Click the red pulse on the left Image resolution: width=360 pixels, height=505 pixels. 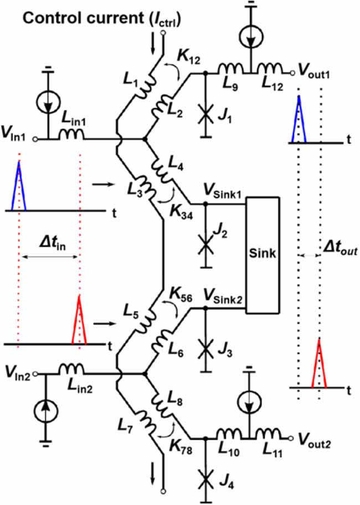(x=79, y=321)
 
